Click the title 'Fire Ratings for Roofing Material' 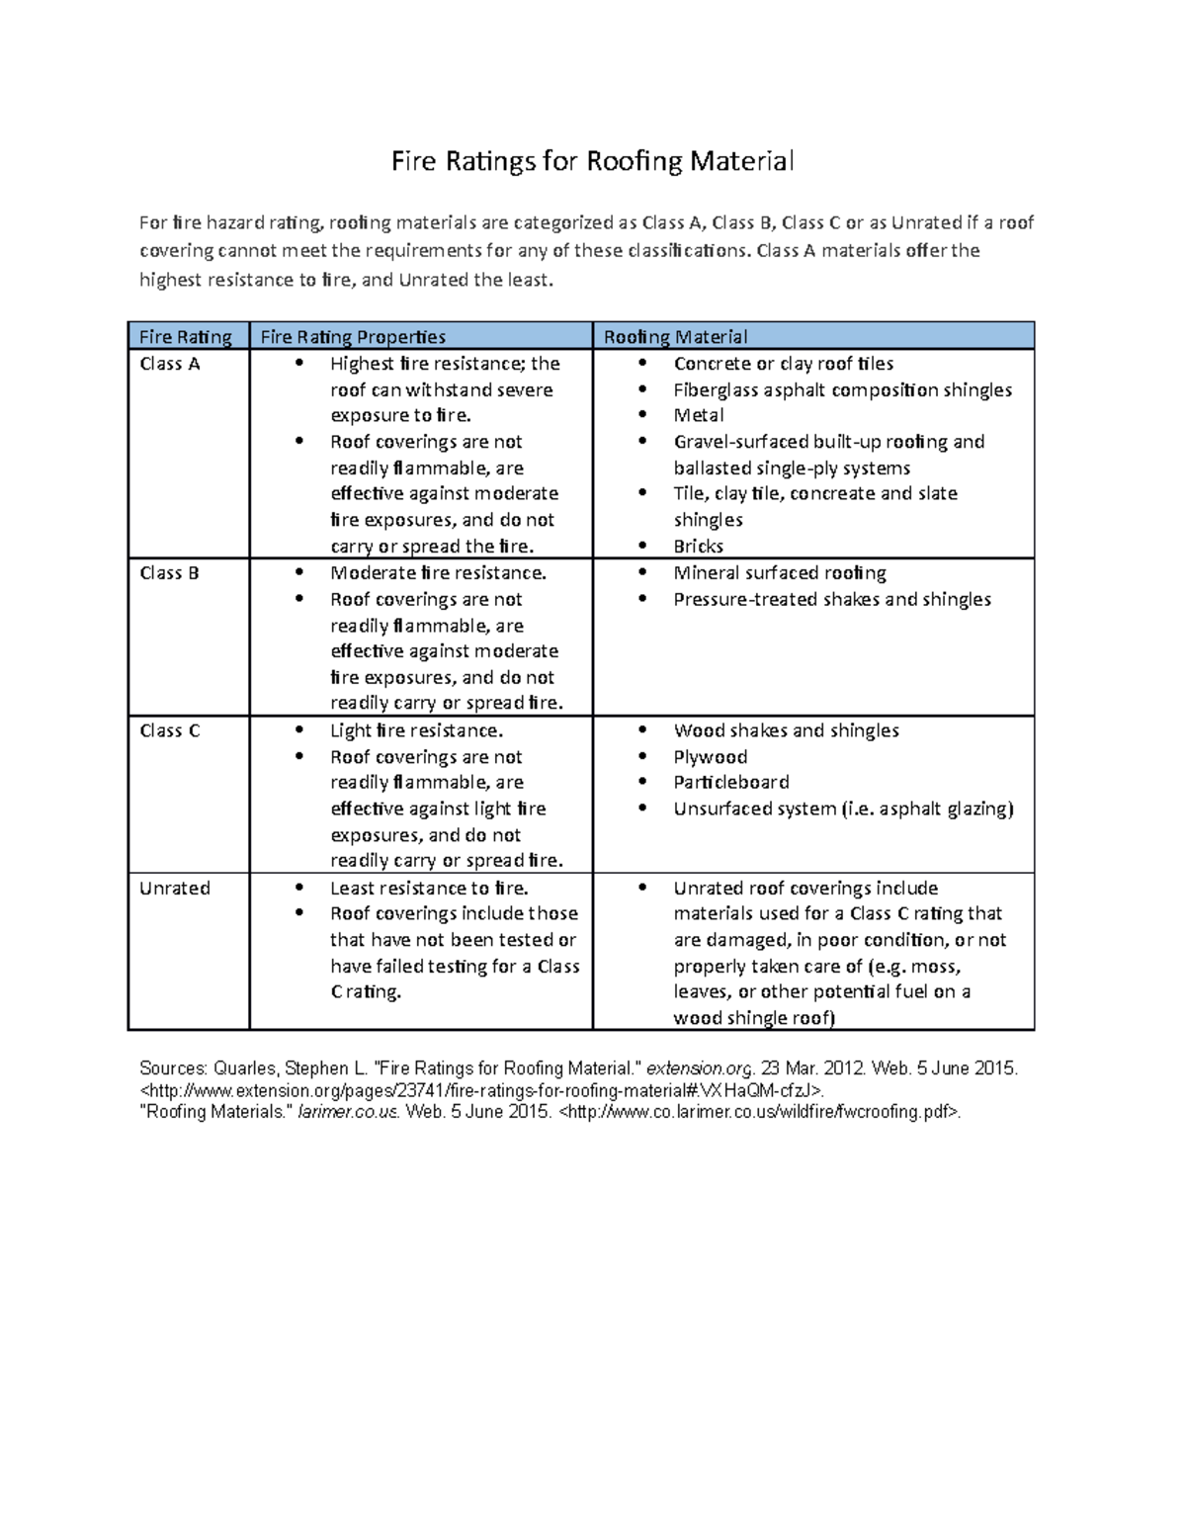tap(592, 161)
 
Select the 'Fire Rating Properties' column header tap(353, 337)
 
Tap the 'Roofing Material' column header tap(675, 337)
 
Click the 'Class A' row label tap(170, 364)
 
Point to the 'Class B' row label tap(170, 573)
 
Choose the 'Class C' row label tap(170, 730)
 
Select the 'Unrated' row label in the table tap(175, 888)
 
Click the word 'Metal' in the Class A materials tap(699, 415)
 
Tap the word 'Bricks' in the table tap(699, 546)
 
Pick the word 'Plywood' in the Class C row tap(711, 757)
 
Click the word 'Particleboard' tap(731, 782)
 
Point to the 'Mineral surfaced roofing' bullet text tap(780, 573)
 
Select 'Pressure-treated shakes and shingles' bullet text tap(832, 599)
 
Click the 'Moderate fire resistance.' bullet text tap(438, 573)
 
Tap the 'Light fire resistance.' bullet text tap(416, 730)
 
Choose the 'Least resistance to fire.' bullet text tap(429, 888)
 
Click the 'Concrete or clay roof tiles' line tap(784, 364)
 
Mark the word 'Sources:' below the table tap(173, 1068)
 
